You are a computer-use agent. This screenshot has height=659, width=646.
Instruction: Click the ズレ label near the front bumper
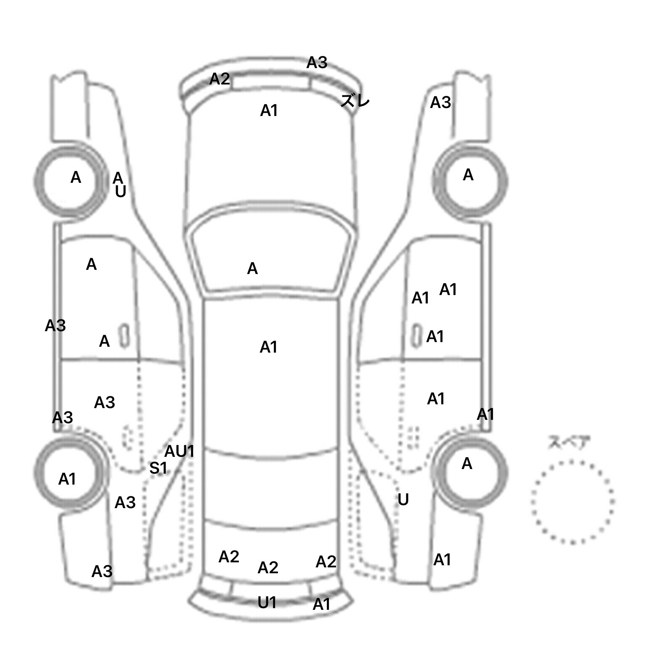tap(355, 101)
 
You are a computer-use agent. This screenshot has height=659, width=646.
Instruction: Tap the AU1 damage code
tap(179, 451)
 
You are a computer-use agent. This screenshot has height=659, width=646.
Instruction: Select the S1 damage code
tap(158, 468)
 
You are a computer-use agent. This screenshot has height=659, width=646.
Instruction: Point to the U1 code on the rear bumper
tap(267, 603)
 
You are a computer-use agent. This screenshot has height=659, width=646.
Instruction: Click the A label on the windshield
tap(252, 269)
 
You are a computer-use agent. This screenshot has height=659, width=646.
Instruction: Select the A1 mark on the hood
tap(269, 111)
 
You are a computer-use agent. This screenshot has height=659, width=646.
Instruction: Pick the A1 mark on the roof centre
tap(268, 347)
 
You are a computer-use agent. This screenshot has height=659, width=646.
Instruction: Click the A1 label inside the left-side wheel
tap(67, 479)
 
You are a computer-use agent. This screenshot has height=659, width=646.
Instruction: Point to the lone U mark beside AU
tap(121, 192)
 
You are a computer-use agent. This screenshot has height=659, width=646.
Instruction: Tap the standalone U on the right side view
tap(403, 500)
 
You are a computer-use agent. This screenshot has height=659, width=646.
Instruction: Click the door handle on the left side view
tap(124, 336)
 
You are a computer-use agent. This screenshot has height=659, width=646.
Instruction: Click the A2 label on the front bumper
tap(220, 79)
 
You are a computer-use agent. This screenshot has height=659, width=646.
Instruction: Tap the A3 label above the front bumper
tap(316, 63)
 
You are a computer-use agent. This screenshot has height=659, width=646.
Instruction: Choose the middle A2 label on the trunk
tap(268, 568)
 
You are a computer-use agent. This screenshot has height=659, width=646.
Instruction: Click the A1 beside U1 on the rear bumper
tap(321, 604)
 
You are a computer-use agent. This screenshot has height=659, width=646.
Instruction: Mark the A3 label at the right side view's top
tap(440, 102)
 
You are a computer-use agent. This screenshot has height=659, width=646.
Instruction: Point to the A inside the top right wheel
tap(468, 175)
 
